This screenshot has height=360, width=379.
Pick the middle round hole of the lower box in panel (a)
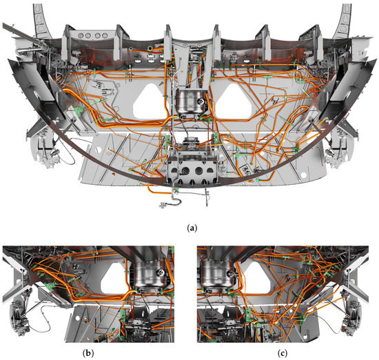point(189,170)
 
